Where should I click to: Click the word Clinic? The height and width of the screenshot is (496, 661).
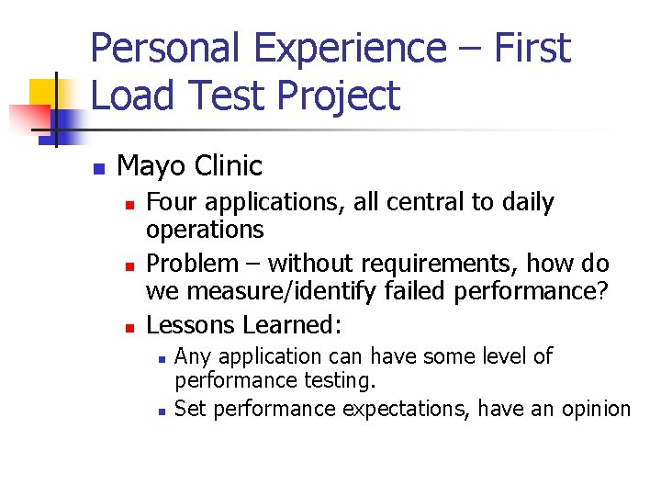point(228,166)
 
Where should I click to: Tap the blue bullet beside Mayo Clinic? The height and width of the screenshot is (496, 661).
point(98,169)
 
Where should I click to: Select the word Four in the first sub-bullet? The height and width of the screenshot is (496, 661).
point(170,202)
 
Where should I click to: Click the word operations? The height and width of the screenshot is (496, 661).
point(205,230)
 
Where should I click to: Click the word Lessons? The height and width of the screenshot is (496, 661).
point(191,325)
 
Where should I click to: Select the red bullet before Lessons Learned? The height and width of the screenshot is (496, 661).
point(129,328)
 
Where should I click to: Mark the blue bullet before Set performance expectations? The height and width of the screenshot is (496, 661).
point(160,411)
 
